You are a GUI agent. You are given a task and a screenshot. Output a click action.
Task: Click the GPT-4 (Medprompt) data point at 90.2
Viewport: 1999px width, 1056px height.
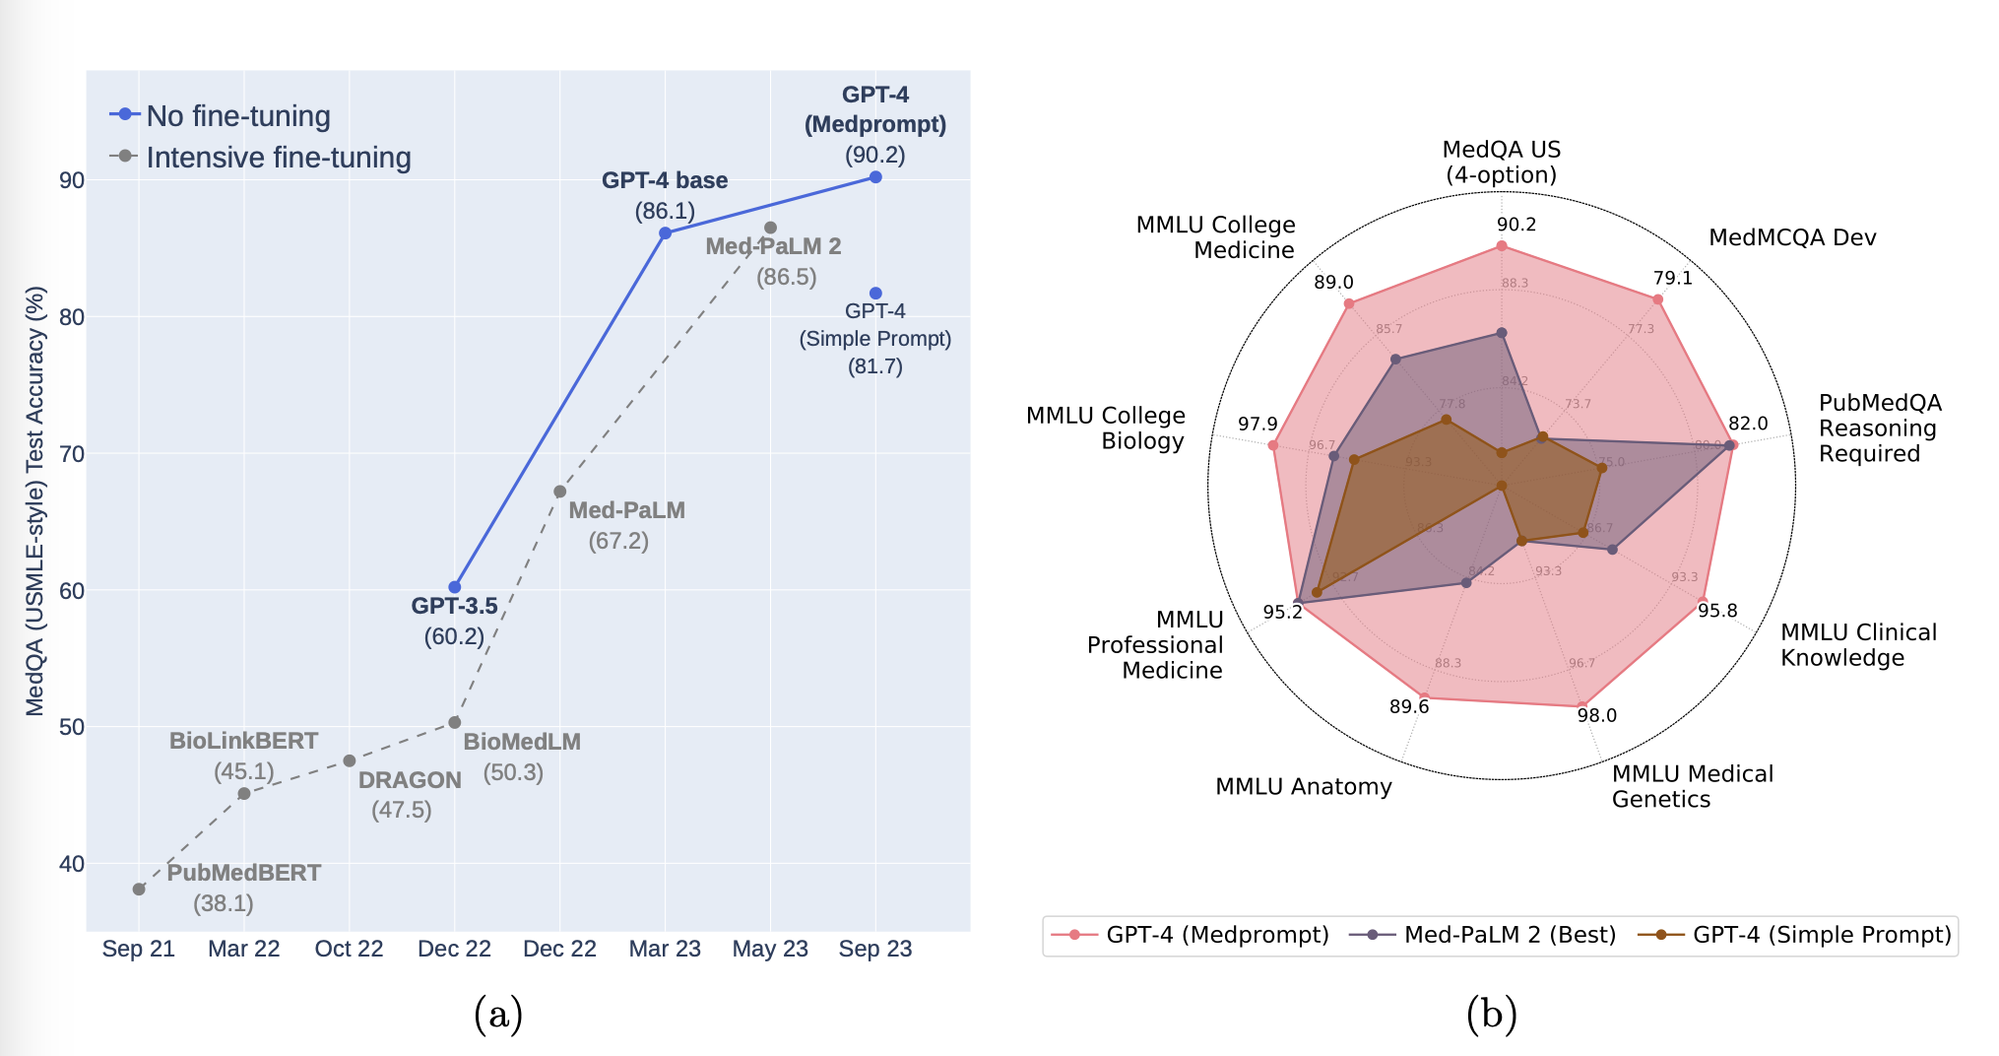(x=875, y=177)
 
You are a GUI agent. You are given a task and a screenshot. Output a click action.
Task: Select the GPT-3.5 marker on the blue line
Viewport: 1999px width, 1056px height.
(x=455, y=587)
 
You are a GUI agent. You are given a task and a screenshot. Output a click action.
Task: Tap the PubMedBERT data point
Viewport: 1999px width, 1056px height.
(x=139, y=890)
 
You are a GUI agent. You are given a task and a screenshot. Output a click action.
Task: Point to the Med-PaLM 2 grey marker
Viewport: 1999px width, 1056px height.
(x=770, y=229)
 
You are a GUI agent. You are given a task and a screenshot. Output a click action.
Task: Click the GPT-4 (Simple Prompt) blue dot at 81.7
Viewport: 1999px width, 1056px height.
(x=875, y=294)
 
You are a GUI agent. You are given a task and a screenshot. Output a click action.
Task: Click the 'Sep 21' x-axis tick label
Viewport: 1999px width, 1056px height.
(x=139, y=949)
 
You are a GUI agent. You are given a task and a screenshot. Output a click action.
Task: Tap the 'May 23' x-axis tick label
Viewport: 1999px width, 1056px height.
(x=770, y=949)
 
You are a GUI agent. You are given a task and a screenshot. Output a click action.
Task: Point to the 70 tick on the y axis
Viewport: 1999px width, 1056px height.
(x=72, y=454)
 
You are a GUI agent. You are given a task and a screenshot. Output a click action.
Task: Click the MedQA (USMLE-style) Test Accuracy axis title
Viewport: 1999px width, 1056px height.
(x=35, y=500)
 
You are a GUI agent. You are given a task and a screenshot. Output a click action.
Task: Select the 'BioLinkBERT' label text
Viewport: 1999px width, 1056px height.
(x=243, y=741)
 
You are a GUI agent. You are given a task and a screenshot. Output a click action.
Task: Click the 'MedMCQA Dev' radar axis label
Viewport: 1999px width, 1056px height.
(x=1792, y=237)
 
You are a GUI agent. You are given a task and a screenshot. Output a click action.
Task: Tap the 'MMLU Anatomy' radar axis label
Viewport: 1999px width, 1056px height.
(x=1303, y=786)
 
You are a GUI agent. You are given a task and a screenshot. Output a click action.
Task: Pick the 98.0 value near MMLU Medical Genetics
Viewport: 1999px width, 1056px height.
(x=1596, y=715)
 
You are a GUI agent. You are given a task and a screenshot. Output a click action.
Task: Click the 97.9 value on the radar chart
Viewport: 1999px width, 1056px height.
(x=1257, y=424)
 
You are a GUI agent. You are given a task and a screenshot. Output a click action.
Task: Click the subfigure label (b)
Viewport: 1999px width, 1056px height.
(x=1491, y=1014)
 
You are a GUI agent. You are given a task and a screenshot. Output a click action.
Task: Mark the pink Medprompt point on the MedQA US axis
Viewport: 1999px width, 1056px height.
(x=1502, y=246)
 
